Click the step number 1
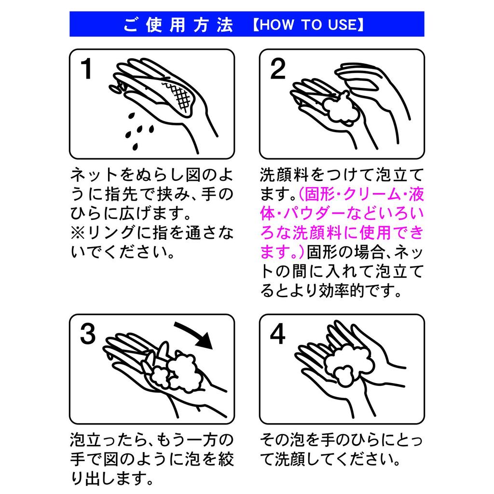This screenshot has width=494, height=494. [86, 69]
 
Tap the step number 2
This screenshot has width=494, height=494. [277, 69]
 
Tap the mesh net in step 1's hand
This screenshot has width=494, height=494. [179, 96]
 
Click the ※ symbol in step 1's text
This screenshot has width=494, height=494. [78, 233]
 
